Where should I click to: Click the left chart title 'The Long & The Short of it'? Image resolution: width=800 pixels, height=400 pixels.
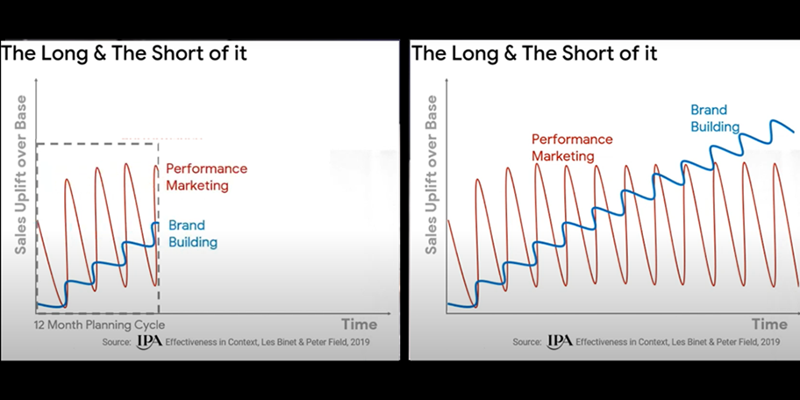(124, 54)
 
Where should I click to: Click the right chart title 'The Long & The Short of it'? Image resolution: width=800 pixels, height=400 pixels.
(534, 54)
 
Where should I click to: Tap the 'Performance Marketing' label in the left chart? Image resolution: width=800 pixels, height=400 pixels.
(206, 176)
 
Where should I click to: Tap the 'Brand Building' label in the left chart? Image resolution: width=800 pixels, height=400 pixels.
(192, 233)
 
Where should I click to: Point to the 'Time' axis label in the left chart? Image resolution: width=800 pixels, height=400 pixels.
(358, 325)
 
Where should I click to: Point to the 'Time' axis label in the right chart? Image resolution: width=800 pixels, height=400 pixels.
(768, 325)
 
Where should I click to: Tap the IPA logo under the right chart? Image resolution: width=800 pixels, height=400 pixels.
(560, 341)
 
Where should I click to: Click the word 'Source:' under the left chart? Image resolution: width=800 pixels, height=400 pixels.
(116, 342)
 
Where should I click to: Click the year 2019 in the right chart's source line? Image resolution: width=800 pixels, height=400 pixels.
(768, 342)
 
